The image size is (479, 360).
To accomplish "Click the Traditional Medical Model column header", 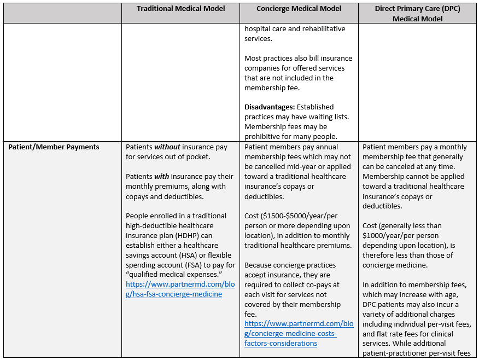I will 180,8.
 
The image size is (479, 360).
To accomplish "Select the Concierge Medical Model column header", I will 299,8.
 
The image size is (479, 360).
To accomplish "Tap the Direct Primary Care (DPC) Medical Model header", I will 417,13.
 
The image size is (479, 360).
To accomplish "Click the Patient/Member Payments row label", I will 54,147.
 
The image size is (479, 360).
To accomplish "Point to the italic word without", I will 167,147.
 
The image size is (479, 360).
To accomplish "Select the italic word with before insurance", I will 161,176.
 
